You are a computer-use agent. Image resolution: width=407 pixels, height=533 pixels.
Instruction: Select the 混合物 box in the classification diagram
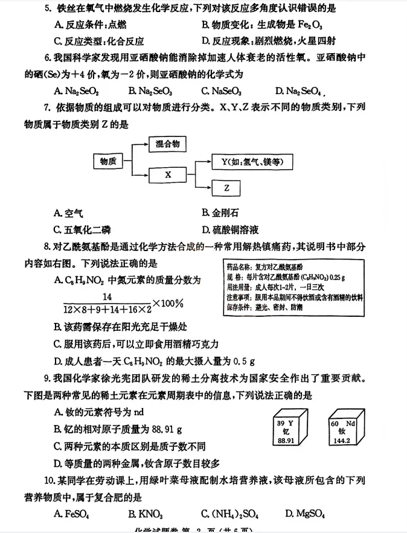pyautogui.click(x=167, y=144)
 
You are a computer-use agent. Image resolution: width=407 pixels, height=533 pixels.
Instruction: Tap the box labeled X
pyautogui.click(x=168, y=174)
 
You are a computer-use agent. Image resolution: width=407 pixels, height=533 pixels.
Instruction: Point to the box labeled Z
pyautogui.click(x=226, y=188)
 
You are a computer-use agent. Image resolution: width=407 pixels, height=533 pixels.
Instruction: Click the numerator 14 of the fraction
pyautogui.click(x=108, y=296)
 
